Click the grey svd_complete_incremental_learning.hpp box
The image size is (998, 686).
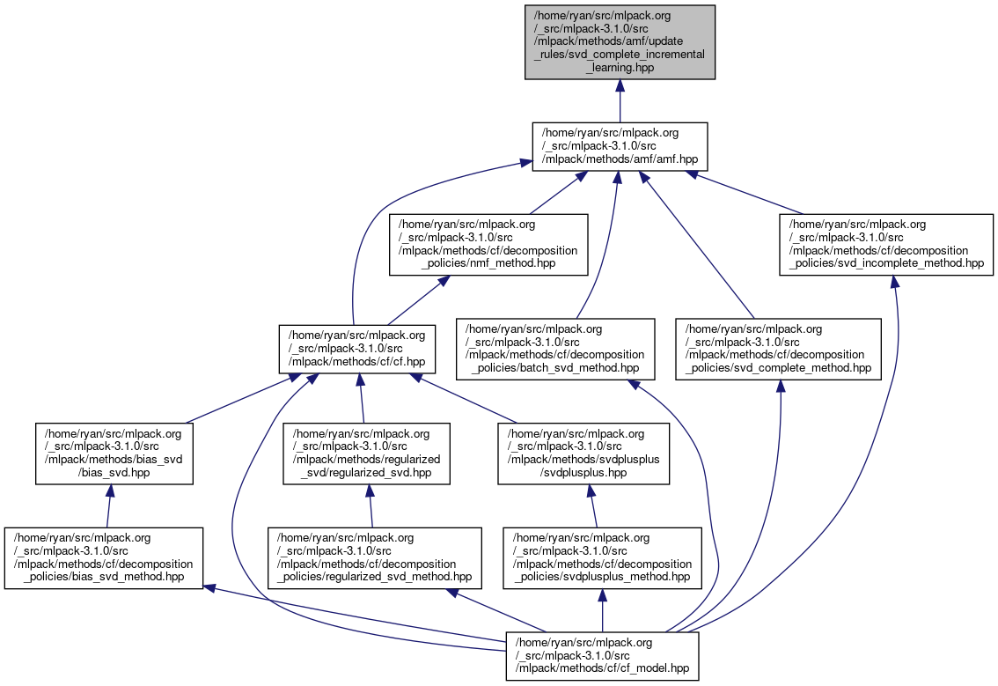(x=620, y=41)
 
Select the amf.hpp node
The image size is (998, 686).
(x=620, y=146)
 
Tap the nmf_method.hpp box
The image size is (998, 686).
(x=488, y=244)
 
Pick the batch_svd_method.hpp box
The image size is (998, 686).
(x=555, y=350)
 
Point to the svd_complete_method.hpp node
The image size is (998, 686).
(x=778, y=350)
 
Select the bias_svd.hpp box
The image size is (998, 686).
(x=114, y=454)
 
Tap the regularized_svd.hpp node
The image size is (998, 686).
(x=366, y=454)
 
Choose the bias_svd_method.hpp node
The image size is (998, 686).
(x=104, y=558)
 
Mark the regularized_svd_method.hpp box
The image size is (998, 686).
(x=375, y=558)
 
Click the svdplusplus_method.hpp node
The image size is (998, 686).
(x=602, y=558)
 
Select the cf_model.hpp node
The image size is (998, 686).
(x=602, y=655)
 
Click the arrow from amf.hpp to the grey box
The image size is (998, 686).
(x=620, y=100)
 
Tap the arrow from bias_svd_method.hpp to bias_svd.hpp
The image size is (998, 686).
(x=109, y=505)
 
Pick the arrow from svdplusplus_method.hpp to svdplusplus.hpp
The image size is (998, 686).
(x=595, y=505)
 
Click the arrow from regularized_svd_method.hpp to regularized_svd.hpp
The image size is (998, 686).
(x=371, y=505)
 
